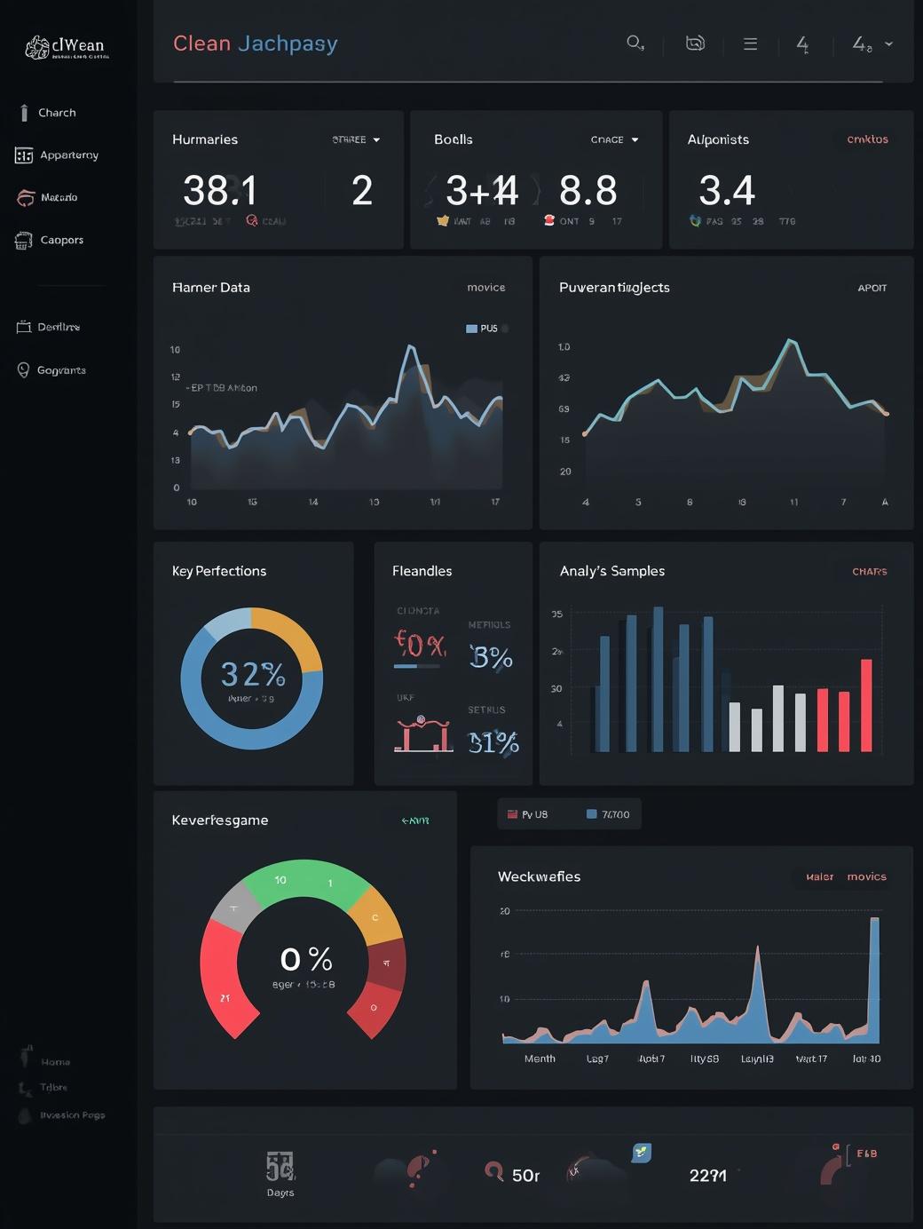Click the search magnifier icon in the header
click(635, 43)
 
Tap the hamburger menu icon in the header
click(750, 44)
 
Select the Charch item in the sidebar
click(57, 113)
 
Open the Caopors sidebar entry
click(61, 240)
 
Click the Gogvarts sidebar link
click(60, 370)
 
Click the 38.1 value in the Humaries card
click(220, 190)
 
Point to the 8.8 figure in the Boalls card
click(588, 190)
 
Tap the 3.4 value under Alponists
click(727, 190)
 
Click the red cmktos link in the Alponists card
click(867, 139)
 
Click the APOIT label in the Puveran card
click(872, 288)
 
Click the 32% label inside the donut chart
click(253, 675)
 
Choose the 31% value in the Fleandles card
click(493, 742)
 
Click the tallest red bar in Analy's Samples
click(866, 706)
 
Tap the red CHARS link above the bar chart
click(869, 572)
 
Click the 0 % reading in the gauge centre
click(306, 959)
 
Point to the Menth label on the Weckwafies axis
click(540, 1059)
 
